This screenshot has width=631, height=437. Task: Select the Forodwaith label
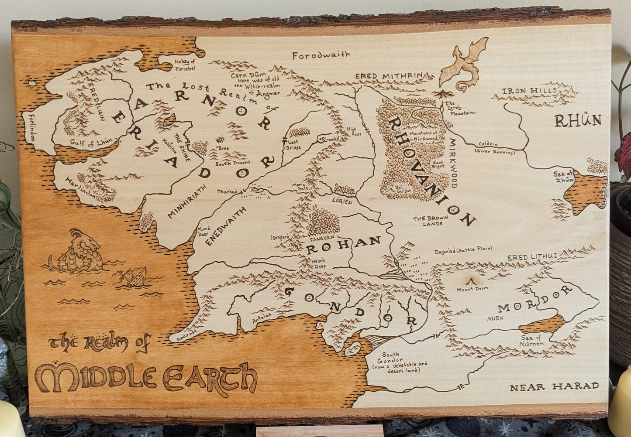coord(321,55)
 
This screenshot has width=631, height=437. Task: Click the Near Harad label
coord(554,386)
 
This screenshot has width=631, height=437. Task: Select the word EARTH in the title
coord(210,375)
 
